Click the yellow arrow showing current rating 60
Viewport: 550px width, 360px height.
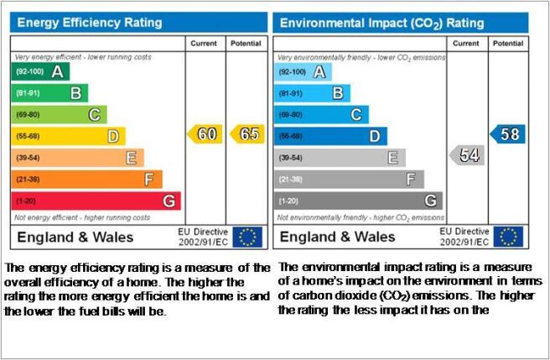(x=205, y=133)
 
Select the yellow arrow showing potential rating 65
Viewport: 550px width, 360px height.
(x=247, y=133)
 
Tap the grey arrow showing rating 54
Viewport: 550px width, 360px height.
(x=467, y=155)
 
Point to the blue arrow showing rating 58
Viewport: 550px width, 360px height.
(x=507, y=133)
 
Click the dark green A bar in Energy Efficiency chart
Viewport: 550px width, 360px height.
(x=40, y=71)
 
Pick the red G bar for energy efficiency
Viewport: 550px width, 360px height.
(x=96, y=201)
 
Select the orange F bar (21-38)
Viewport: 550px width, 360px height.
(x=86, y=180)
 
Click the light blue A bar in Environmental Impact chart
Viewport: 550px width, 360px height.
(x=303, y=72)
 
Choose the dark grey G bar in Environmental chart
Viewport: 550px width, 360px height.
(x=358, y=201)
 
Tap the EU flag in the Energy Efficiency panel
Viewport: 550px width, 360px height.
(x=247, y=237)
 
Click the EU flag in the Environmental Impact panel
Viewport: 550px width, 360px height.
(x=508, y=237)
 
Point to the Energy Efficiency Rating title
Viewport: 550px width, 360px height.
(x=90, y=23)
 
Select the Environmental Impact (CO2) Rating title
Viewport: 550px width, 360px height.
(x=382, y=23)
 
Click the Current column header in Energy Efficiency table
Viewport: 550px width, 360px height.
(x=204, y=44)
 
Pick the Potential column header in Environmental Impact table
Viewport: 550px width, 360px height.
(x=508, y=44)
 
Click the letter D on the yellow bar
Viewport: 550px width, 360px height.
(x=113, y=136)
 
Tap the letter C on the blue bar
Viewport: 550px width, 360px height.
(x=356, y=114)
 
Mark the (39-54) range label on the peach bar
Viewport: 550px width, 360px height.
(x=28, y=158)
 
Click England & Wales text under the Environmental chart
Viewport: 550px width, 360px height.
(x=337, y=237)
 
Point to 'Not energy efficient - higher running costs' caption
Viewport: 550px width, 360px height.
(x=82, y=217)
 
